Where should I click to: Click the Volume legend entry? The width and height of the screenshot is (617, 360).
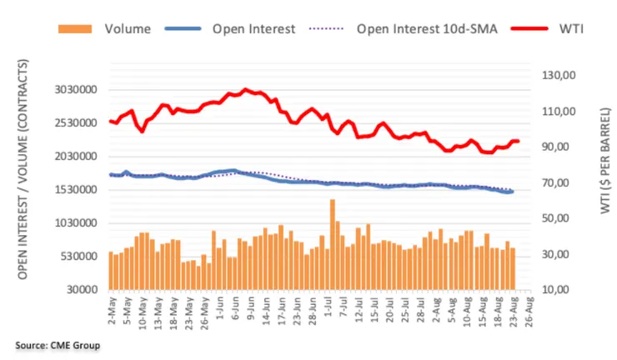point(127,28)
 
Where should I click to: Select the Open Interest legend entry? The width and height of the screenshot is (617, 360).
point(253,28)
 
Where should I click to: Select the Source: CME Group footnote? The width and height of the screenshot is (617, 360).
point(57,344)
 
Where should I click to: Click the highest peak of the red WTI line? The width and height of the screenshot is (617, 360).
point(244,89)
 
